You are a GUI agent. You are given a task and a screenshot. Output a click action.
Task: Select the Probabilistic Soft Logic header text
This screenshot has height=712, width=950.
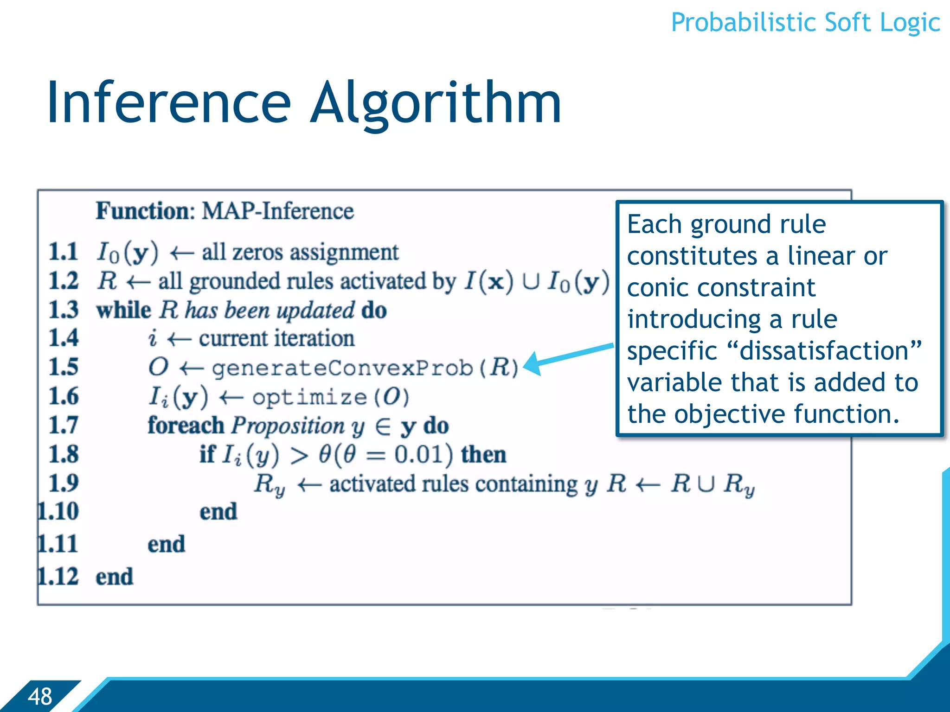pos(805,22)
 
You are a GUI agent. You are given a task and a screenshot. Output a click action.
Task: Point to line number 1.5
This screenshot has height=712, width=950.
pos(64,367)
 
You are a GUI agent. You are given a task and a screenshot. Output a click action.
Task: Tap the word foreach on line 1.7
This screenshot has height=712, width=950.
pos(186,426)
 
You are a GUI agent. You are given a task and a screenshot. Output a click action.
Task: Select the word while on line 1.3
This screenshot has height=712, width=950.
pos(123,310)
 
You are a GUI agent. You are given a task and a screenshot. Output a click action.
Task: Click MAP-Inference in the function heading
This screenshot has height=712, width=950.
pos(277,211)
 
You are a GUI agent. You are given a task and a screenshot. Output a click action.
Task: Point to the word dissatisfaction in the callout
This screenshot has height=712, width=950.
pos(824,351)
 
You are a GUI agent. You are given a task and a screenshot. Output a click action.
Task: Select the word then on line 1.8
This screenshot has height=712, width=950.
pos(483,454)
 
